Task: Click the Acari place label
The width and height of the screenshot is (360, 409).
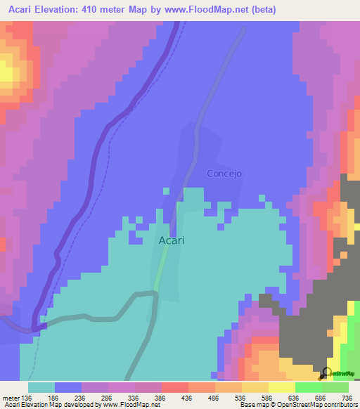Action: (x=172, y=240)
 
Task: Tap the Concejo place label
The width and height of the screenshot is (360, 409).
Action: (x=224, y=173)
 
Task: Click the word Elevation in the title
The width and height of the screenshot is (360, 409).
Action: (x=58, y=10)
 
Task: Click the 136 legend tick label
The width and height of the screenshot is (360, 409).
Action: (x=27, y=398)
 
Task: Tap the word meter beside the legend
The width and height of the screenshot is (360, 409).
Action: (x=12, y=398)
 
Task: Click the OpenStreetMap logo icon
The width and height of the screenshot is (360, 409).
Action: (x=326, y=372)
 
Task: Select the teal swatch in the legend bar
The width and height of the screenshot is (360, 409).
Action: (x=41, y=387)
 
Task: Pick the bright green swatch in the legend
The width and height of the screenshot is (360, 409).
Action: (x=309, y=387)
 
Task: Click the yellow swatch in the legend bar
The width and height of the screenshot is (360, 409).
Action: (x=282, y=387)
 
